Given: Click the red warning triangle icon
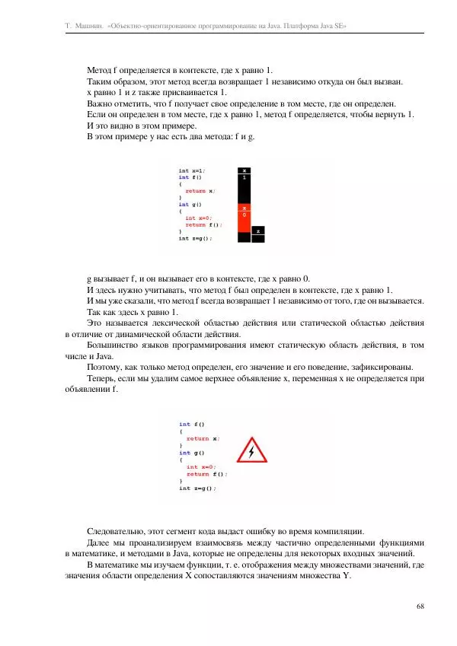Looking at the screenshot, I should (x=252, y=452).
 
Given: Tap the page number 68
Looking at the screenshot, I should (x=421, y=606).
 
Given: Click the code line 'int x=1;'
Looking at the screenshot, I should (x=191, y=171).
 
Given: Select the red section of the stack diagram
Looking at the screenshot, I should (x=244, y=218).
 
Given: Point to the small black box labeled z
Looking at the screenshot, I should (x=258, y=231).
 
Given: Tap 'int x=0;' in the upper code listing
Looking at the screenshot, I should (x=200, y=218).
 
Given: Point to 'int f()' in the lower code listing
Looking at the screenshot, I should (x=191, y=424).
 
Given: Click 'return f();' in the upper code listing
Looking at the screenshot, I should (x=206, y=224).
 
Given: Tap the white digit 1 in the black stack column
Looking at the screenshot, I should (x=244, y=177).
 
